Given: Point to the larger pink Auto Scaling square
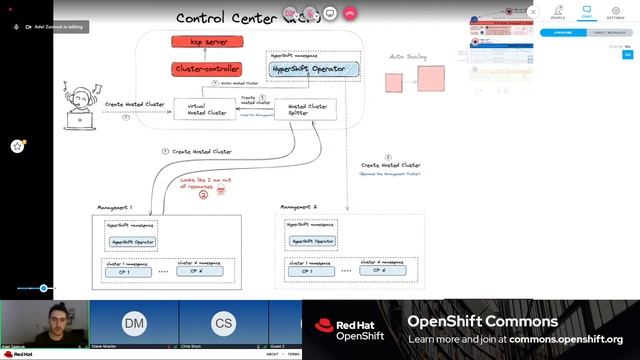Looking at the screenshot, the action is coord(431,78).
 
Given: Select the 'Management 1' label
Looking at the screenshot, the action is coord(114,206).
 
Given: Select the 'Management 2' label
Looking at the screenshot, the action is coord(296,206).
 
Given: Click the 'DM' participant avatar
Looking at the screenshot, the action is coord(133,323).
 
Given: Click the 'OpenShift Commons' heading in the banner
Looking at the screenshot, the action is coord(482,321).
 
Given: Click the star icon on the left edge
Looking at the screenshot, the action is coord(17,146).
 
